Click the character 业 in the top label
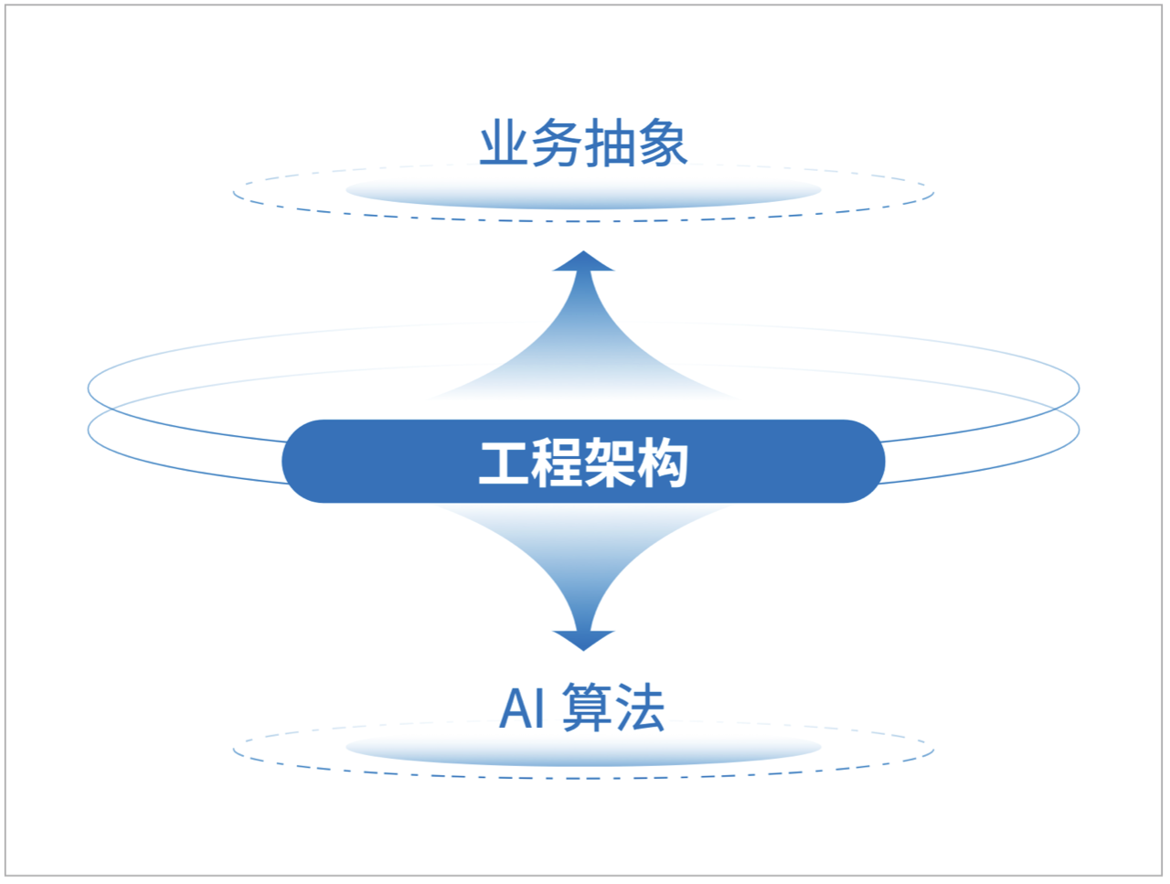pyautogui.click(x=505, y=144)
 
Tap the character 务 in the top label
pyautogui.click(x=557, y=144)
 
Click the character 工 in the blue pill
pyautogui.click(x=505, y=463)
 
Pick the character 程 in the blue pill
pyautogui.click(x=558, y=463)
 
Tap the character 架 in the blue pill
pyautogui.click(x=610, y=463)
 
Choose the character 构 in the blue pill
pyautogui.click(x=662, y=463)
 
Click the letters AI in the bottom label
pyautogui.click(x=522, y=708)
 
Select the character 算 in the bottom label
pyautogui.click(x=587, y=708)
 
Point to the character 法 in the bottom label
pyautogui.click(x=639, y=708)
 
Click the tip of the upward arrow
pyautogui.click(x=583, y=253)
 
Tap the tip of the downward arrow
pyautogui.click(x=583, y=648)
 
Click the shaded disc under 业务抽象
pyautogui.click(x=583, y=192)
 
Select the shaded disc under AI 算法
pyautogui.click(x=583, y=750)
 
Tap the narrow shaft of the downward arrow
pyautogui.click(x=583, y=603)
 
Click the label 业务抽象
pyautogui.click(x=583, y=144)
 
